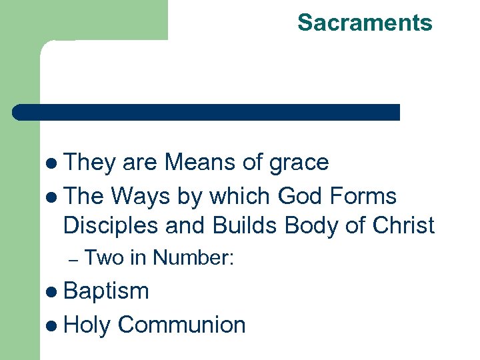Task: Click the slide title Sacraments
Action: [365, 23]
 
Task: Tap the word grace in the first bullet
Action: [299, 163]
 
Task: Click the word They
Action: [92, 163]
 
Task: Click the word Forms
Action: [364, 197]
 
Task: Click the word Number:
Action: [193, 257]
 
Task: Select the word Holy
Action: [87, 325]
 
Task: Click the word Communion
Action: [182, 325]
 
